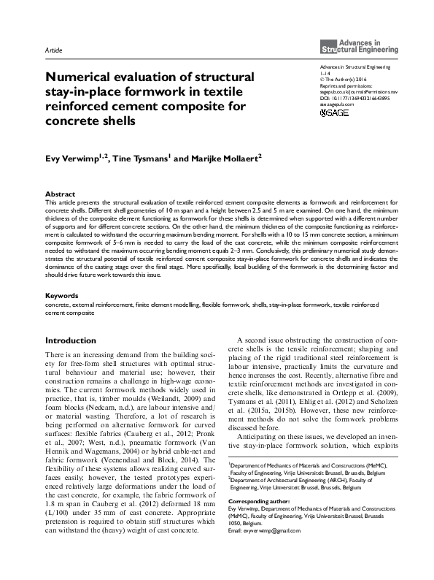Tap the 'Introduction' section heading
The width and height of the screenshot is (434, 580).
[70, 340]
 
